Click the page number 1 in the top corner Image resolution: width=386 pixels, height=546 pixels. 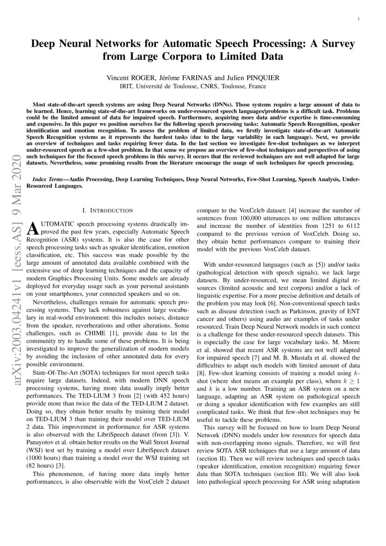357,19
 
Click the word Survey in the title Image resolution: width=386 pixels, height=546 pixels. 336,44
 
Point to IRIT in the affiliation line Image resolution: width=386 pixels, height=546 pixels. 127,86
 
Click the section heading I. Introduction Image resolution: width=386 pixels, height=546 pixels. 107,211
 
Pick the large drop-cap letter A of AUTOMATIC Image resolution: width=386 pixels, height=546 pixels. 34,227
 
